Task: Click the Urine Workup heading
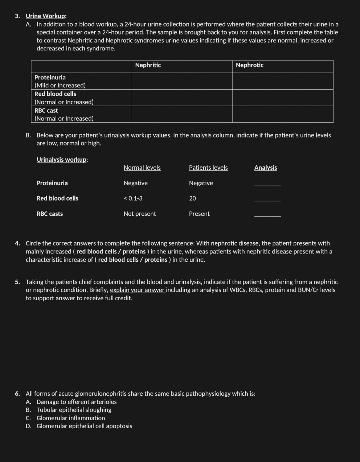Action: pos(46,16)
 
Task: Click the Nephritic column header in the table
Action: pos(148,65)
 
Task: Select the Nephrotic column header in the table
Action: pos(249,65)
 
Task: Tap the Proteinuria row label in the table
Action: pos(50,77)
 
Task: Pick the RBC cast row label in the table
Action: pos(46,111)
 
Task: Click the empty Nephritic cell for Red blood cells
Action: pos(182,98)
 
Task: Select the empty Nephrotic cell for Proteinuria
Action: pos(282,81)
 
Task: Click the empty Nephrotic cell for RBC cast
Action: pos(282,114)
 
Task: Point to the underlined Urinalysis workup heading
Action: pos(62,160)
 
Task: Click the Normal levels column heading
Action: pos(142,168)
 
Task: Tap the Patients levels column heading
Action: pos(208,168)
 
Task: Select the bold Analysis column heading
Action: pos(266,168)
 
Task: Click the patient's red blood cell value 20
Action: pos(192,198)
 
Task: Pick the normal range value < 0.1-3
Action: pos(133,198)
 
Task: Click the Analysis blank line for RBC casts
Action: pos(267,216)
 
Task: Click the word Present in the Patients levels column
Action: pos(199,214)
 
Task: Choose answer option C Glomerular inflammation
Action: pos(70,418)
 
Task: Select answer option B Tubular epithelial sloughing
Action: pos(74,410)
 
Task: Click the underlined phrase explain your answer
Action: pos(138,290)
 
